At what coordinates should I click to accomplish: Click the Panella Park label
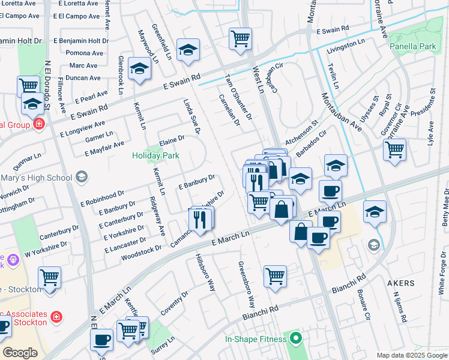[x=412, y=46]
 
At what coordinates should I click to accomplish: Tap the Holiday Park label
[x=155, y=156]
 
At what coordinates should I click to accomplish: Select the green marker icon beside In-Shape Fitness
[x=294, y=340]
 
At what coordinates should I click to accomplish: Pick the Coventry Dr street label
[x=174, y=302]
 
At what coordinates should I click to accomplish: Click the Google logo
[x=20, y=353]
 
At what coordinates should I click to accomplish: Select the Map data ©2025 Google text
[x=411, y=355]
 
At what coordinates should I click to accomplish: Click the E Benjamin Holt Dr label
[x=80, y=41]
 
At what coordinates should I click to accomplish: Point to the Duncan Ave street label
[x=83, y=78]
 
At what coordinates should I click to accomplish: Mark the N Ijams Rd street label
[x=399, y=306]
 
